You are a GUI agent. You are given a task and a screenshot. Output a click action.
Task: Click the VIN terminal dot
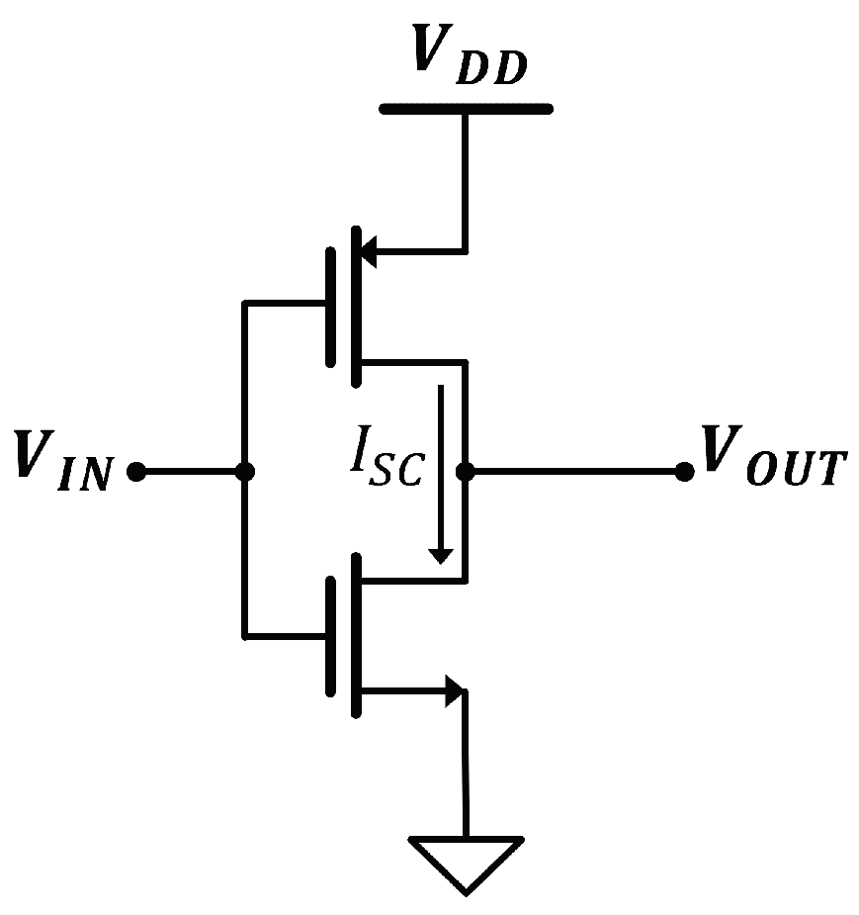(137, 473)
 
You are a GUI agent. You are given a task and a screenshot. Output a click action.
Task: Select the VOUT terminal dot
(683, 472)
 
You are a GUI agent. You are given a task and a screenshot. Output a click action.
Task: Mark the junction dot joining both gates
(244, 473)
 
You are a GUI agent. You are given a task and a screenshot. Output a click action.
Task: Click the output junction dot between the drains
(466, 472)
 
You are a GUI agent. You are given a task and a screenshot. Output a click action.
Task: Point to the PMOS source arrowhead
(364, 250)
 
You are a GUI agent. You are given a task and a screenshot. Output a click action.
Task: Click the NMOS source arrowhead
(455, 691)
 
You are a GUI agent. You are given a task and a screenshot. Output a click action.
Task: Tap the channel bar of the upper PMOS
(355, 306)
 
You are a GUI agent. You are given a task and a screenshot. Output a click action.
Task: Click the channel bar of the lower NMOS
(355, 636)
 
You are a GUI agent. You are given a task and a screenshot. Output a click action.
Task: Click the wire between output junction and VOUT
(573, 472)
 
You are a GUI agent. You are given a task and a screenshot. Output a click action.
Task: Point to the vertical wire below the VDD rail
(466, 178)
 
